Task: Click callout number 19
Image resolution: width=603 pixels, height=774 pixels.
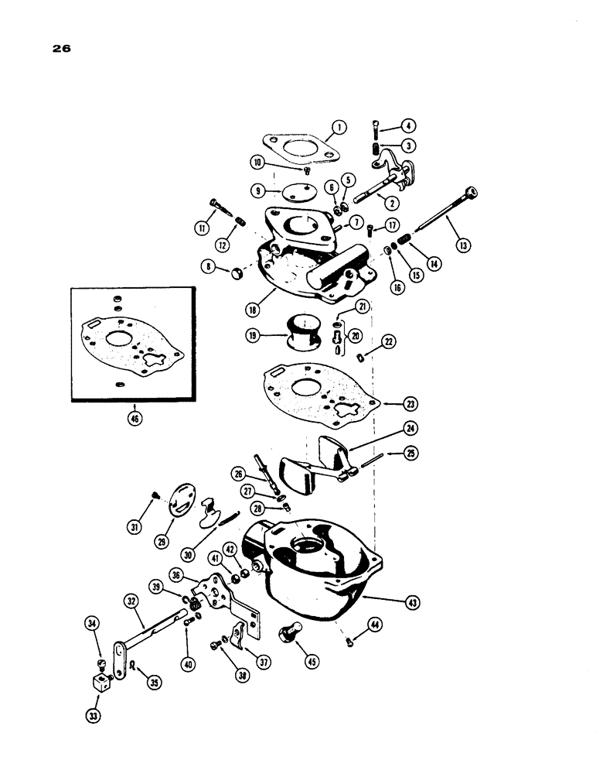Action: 257,336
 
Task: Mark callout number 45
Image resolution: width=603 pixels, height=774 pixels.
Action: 313,662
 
